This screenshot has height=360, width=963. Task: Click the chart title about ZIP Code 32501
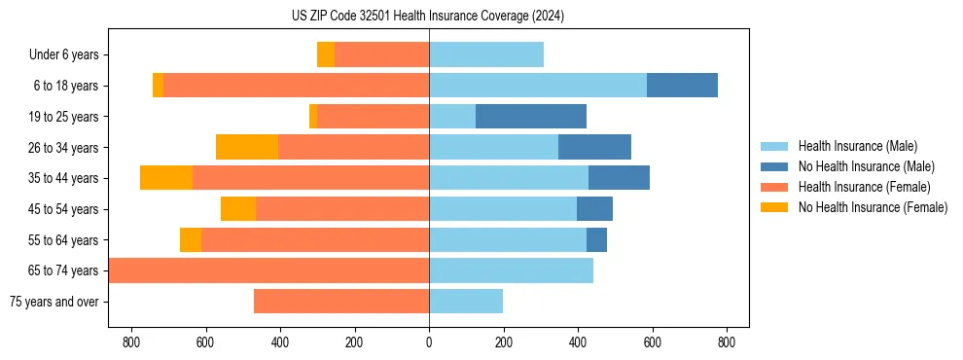click(427, 16)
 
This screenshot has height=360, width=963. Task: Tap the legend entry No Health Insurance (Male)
click(866, 166)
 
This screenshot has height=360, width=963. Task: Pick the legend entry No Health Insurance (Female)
click(873, 207)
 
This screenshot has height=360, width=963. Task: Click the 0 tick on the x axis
click(429, 342)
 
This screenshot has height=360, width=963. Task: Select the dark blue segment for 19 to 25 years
click(531, 117)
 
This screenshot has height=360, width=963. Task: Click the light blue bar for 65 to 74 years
click(511, 270)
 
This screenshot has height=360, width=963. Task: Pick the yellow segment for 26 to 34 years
click(247, 147)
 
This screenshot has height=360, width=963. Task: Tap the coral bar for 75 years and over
click(341, 302)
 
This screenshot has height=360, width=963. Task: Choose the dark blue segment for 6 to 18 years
click(682, 86)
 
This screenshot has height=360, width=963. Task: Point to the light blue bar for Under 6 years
click(486, 55)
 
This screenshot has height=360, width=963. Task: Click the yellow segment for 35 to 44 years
click(166, 178)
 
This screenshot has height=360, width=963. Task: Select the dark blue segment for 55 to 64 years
click(596, 239)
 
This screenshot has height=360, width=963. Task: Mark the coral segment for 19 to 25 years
click(373, 117)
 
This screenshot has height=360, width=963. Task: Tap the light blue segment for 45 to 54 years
click(503, 209)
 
